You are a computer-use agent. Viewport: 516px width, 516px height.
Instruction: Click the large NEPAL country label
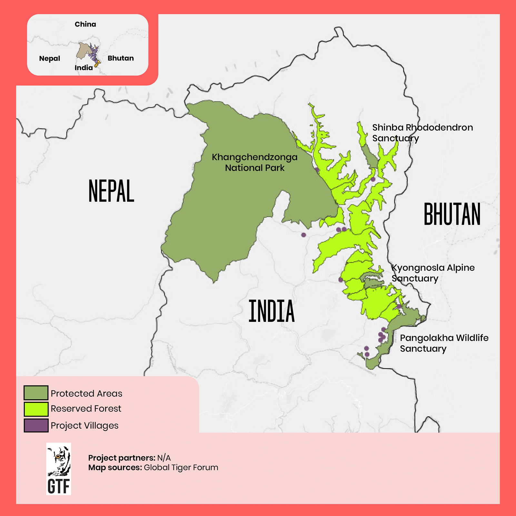tap(111, 191)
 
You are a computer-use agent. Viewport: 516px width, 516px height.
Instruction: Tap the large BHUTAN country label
tap(452, 214)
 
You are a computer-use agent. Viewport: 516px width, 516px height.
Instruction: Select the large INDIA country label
tap(272, 311)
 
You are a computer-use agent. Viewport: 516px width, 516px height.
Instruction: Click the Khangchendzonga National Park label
tap(254, 163)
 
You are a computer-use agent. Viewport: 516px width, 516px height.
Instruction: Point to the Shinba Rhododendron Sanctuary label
tap(422, 133)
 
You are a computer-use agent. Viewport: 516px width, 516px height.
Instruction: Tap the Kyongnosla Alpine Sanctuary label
tap(433, 273)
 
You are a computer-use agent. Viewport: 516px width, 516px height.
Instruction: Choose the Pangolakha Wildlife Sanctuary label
tap(444, 343)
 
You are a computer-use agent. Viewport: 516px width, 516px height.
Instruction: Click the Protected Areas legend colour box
tap(36, 393)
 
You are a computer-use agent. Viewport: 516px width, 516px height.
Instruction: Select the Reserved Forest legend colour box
tap(36, 409)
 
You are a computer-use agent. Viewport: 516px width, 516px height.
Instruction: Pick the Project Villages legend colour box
tap(36, 425)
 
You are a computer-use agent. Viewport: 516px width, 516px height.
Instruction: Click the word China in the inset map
tap(85, 24)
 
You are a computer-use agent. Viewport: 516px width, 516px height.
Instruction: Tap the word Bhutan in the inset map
tap(121, 58)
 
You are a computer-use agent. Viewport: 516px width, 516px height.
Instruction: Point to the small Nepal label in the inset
tap(50, 58)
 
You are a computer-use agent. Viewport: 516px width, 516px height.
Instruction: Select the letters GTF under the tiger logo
tap(58, 486)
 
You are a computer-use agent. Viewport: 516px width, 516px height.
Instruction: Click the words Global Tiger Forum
tap(181, 467)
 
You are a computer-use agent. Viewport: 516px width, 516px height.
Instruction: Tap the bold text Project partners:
tap(122, 458)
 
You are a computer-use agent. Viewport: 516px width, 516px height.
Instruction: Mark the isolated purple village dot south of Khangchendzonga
tap(303, 235)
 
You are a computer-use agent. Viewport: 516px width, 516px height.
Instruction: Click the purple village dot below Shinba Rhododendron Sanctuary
tap(373, 179)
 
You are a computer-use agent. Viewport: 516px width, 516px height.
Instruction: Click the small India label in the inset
tap(84, 67)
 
